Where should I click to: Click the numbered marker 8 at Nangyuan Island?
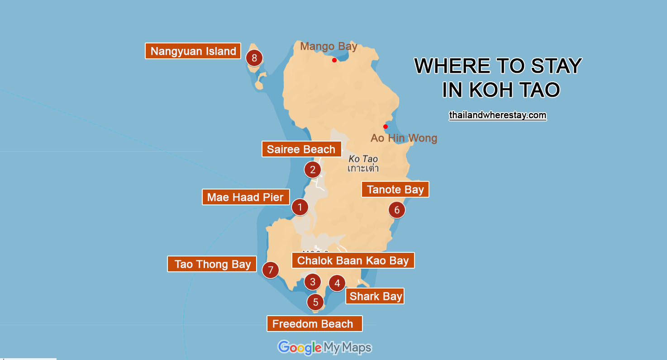click(x=254, y=58)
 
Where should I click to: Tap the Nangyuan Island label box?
click(x=193, y=51)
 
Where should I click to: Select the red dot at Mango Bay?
click(x=334, y=60)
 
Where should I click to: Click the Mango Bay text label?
click(x=329, y=46)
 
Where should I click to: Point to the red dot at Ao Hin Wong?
click(x=386, y=127)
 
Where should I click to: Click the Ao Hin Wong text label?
click(x=404, y=138)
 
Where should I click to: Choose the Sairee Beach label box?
click(x=301, y=149)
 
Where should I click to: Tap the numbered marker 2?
click(x=312, y=170)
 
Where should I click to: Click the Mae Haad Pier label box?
click(x=245, y=197)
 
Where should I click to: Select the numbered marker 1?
click(x=300, y=208)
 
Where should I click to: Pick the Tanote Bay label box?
click(x=395, y=189)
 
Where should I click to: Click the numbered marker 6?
click(x=397, y=210)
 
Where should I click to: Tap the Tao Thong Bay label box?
click(x=212, y=264)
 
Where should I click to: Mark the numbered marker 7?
click(x=271, y=270)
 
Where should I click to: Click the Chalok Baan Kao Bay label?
click(x=353, y=261)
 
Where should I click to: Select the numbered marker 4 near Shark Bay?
click(x=337, y=284)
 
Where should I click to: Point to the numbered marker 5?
click(x=315, y=302)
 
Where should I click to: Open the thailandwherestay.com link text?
click(x=497, y=115)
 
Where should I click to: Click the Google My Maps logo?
click(x=324, y=347)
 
